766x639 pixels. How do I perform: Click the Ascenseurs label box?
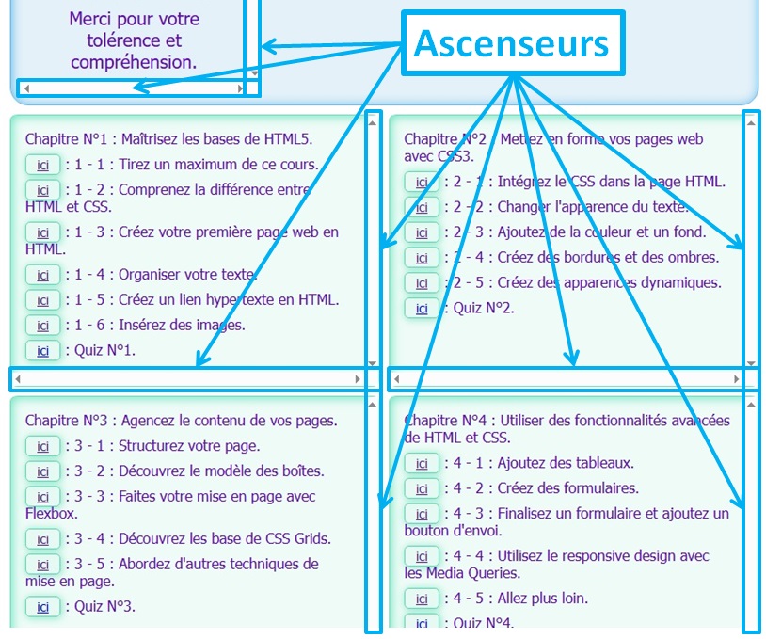click(513, 43)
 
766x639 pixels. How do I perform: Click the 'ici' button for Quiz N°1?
click(42, 351)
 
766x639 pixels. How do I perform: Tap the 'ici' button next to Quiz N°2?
click(422, 309)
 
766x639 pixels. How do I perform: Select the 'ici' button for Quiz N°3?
click(42, 607)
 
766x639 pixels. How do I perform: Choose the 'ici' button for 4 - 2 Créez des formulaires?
click(422, 488)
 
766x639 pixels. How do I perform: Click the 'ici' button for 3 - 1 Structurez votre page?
click(42, 446)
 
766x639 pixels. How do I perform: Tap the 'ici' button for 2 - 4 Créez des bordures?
click(422, 258)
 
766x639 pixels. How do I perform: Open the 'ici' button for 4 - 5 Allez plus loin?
click(422, 599)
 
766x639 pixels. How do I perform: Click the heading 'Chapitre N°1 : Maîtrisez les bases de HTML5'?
click(168, 139)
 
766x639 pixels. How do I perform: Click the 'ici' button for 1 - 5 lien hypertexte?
click(42, 300)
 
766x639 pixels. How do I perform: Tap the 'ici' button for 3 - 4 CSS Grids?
click(42, 539)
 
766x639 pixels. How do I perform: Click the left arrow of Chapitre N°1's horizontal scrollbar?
click(17, 379)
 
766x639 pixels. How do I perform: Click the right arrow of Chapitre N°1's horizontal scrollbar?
click(358, 379)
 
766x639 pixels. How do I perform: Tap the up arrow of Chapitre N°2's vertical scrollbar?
click(750, 121)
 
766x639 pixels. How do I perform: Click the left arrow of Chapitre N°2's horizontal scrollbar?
click(396, 379)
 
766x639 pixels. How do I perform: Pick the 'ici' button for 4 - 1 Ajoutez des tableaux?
click(422, 463)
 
